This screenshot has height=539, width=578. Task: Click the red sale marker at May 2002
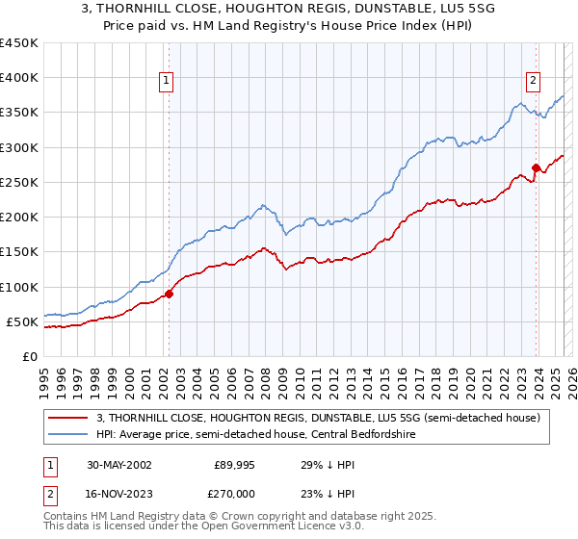169,294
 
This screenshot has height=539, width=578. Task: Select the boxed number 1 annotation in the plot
168,81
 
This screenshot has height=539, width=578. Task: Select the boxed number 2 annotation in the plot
533,81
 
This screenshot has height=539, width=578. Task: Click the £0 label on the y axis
29,356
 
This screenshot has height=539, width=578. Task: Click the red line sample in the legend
68,418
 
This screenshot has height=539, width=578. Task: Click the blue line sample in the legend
68,434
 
